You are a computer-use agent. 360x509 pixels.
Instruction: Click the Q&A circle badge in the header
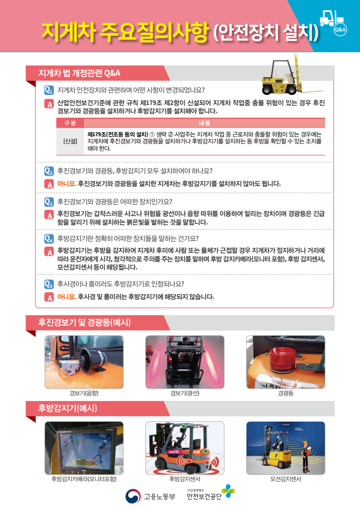(340, 30)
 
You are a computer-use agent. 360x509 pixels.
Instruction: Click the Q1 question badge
(49, 90)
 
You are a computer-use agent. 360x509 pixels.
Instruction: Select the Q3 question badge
(49, 202)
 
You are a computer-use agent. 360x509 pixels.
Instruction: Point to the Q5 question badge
(49, 284)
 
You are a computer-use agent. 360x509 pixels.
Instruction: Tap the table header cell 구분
(70, 123)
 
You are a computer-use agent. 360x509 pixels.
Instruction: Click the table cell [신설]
(70, 141)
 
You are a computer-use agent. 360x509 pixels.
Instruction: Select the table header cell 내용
(204, 123)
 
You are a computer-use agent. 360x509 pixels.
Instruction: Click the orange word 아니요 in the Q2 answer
(67, 184)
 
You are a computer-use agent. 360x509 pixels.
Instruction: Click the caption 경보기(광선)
(185, 393)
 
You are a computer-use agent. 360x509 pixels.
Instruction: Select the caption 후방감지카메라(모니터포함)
(84, 479)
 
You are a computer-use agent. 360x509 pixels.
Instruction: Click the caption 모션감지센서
(286, 479)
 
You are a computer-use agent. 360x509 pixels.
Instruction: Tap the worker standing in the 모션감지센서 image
(305, 456)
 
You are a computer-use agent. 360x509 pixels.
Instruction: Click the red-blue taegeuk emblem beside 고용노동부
(133, 496)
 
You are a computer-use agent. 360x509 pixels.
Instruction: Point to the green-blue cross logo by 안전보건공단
(228, 491)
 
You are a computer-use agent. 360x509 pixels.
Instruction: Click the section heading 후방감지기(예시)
(68, 408)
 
